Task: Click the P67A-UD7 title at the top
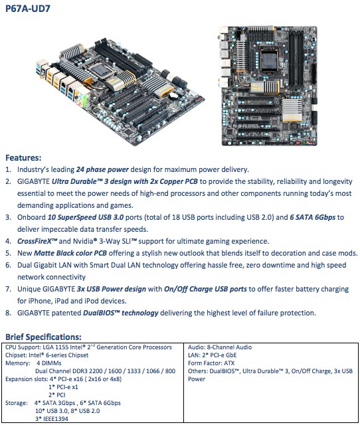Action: (x=28, y=9)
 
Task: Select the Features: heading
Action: (x=23, y=157)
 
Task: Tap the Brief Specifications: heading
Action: (x=43, y=337)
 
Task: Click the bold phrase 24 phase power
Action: (x=102, y=170)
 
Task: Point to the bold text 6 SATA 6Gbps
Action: (x=313, y=217)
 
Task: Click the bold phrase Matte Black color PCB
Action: (x=70, y=253)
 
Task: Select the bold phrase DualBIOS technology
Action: (x=121, y=313)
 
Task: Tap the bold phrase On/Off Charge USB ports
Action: (x=205, y=289)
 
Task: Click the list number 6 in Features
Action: (x=8, y=265)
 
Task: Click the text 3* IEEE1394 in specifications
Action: (x=52, y=419)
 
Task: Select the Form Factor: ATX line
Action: (x=211, y=363)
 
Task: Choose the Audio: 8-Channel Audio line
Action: (x=220, y=347)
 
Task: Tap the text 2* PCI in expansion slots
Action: (x=57, y=395)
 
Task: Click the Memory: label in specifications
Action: (x=18, y=363)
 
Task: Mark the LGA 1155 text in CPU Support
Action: (x=56, y=347)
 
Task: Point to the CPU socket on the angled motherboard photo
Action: (x=100, y=70)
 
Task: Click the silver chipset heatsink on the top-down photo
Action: (x=292, y=110)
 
